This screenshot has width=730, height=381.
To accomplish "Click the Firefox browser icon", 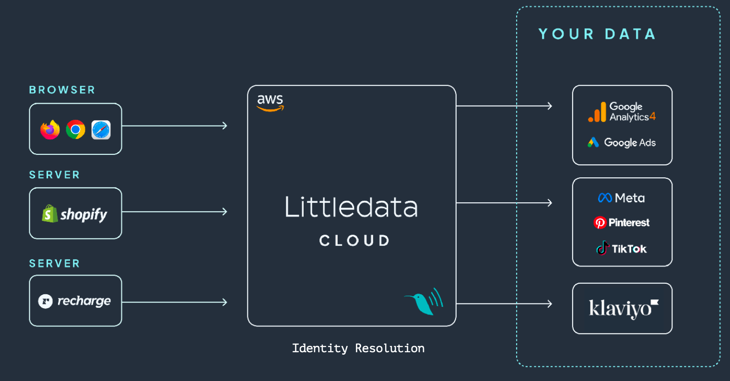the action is pyautogui.click(x=50, y=129).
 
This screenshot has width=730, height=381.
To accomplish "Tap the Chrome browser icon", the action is pyautogui.click(x=76, y=129).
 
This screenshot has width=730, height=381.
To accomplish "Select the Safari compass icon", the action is pyautogui.click(x=101, y=129).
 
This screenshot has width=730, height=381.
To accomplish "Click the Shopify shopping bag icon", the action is pyautogui.click(x=50, y=214).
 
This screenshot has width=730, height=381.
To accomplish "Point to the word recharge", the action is pyautogui.click(x=84, y=301).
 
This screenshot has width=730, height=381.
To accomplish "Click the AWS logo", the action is pyautogui.click(x=270, y=103).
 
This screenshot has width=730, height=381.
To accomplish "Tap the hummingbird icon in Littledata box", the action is pyautogui.click(x=424, y=301).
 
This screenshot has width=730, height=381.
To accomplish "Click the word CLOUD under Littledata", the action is pyautogui.click(x=354, y=241).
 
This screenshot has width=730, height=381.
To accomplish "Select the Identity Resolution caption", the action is pyautogui.click(x=358, y=348).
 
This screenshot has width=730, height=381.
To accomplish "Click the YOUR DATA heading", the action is pyautogui.click(x=597, y=34).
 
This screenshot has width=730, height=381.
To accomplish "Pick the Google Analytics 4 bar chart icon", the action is pyautogui.click(x=597, y=112).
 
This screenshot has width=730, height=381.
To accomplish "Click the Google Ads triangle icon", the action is pyautogui.click(x=593, y=142).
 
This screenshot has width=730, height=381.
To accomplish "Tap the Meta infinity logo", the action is pyautogui.click(x=605, y=197).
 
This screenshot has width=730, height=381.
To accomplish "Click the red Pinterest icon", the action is pyautogui.click(x=600, y=223).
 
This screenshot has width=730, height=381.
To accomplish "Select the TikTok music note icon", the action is pyautogui.click(x=603, y=248).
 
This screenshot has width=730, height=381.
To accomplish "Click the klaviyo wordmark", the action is pyautogui.click(x=624, y=308).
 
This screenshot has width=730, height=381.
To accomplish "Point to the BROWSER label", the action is pyautogui.click(x=62, y=90).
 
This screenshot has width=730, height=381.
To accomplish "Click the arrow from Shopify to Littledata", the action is pyautogui.click(x=175, y=212).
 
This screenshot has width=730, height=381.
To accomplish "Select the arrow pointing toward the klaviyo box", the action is pyautogui.click(x=504, y=304).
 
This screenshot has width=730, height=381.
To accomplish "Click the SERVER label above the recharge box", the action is pyautogui.click(x=54, y=264).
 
